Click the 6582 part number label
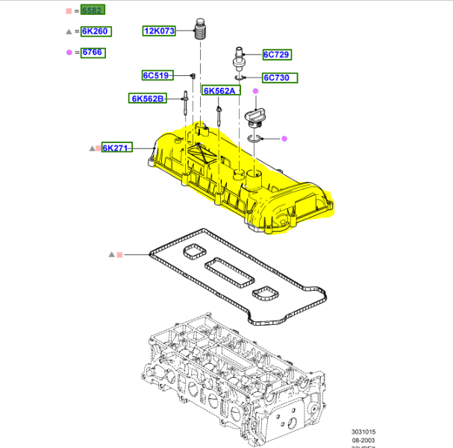point(93,10)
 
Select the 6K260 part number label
point(95,31)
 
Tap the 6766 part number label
point(93,52)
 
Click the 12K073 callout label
point(159,31)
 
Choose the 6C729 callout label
point(277,54)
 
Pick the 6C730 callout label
point(280,78)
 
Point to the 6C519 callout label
point(157,75)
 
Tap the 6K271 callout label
point(117,148)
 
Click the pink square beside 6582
point(69,10)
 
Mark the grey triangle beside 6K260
point(69,32)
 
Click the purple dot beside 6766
point(69,52)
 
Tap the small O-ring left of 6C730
point(239,78)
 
